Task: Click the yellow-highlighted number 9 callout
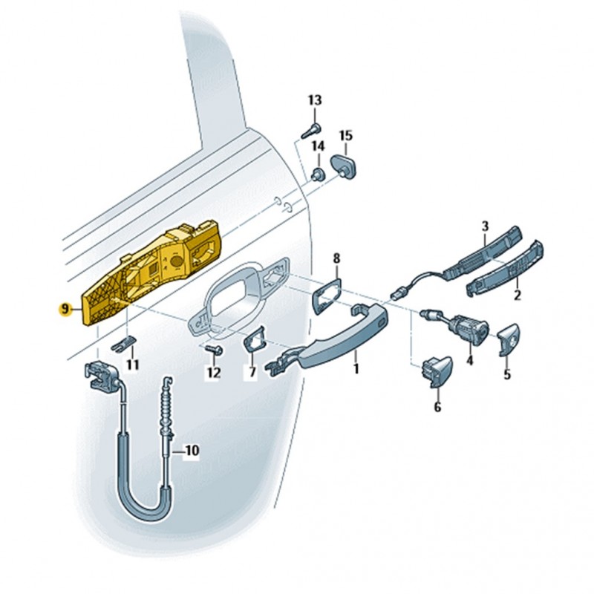65,310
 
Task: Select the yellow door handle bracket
151,271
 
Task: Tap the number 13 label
315,100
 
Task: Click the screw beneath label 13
310,131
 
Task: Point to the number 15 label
345,135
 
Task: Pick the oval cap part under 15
344,166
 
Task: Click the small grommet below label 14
317,174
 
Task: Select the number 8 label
336,258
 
